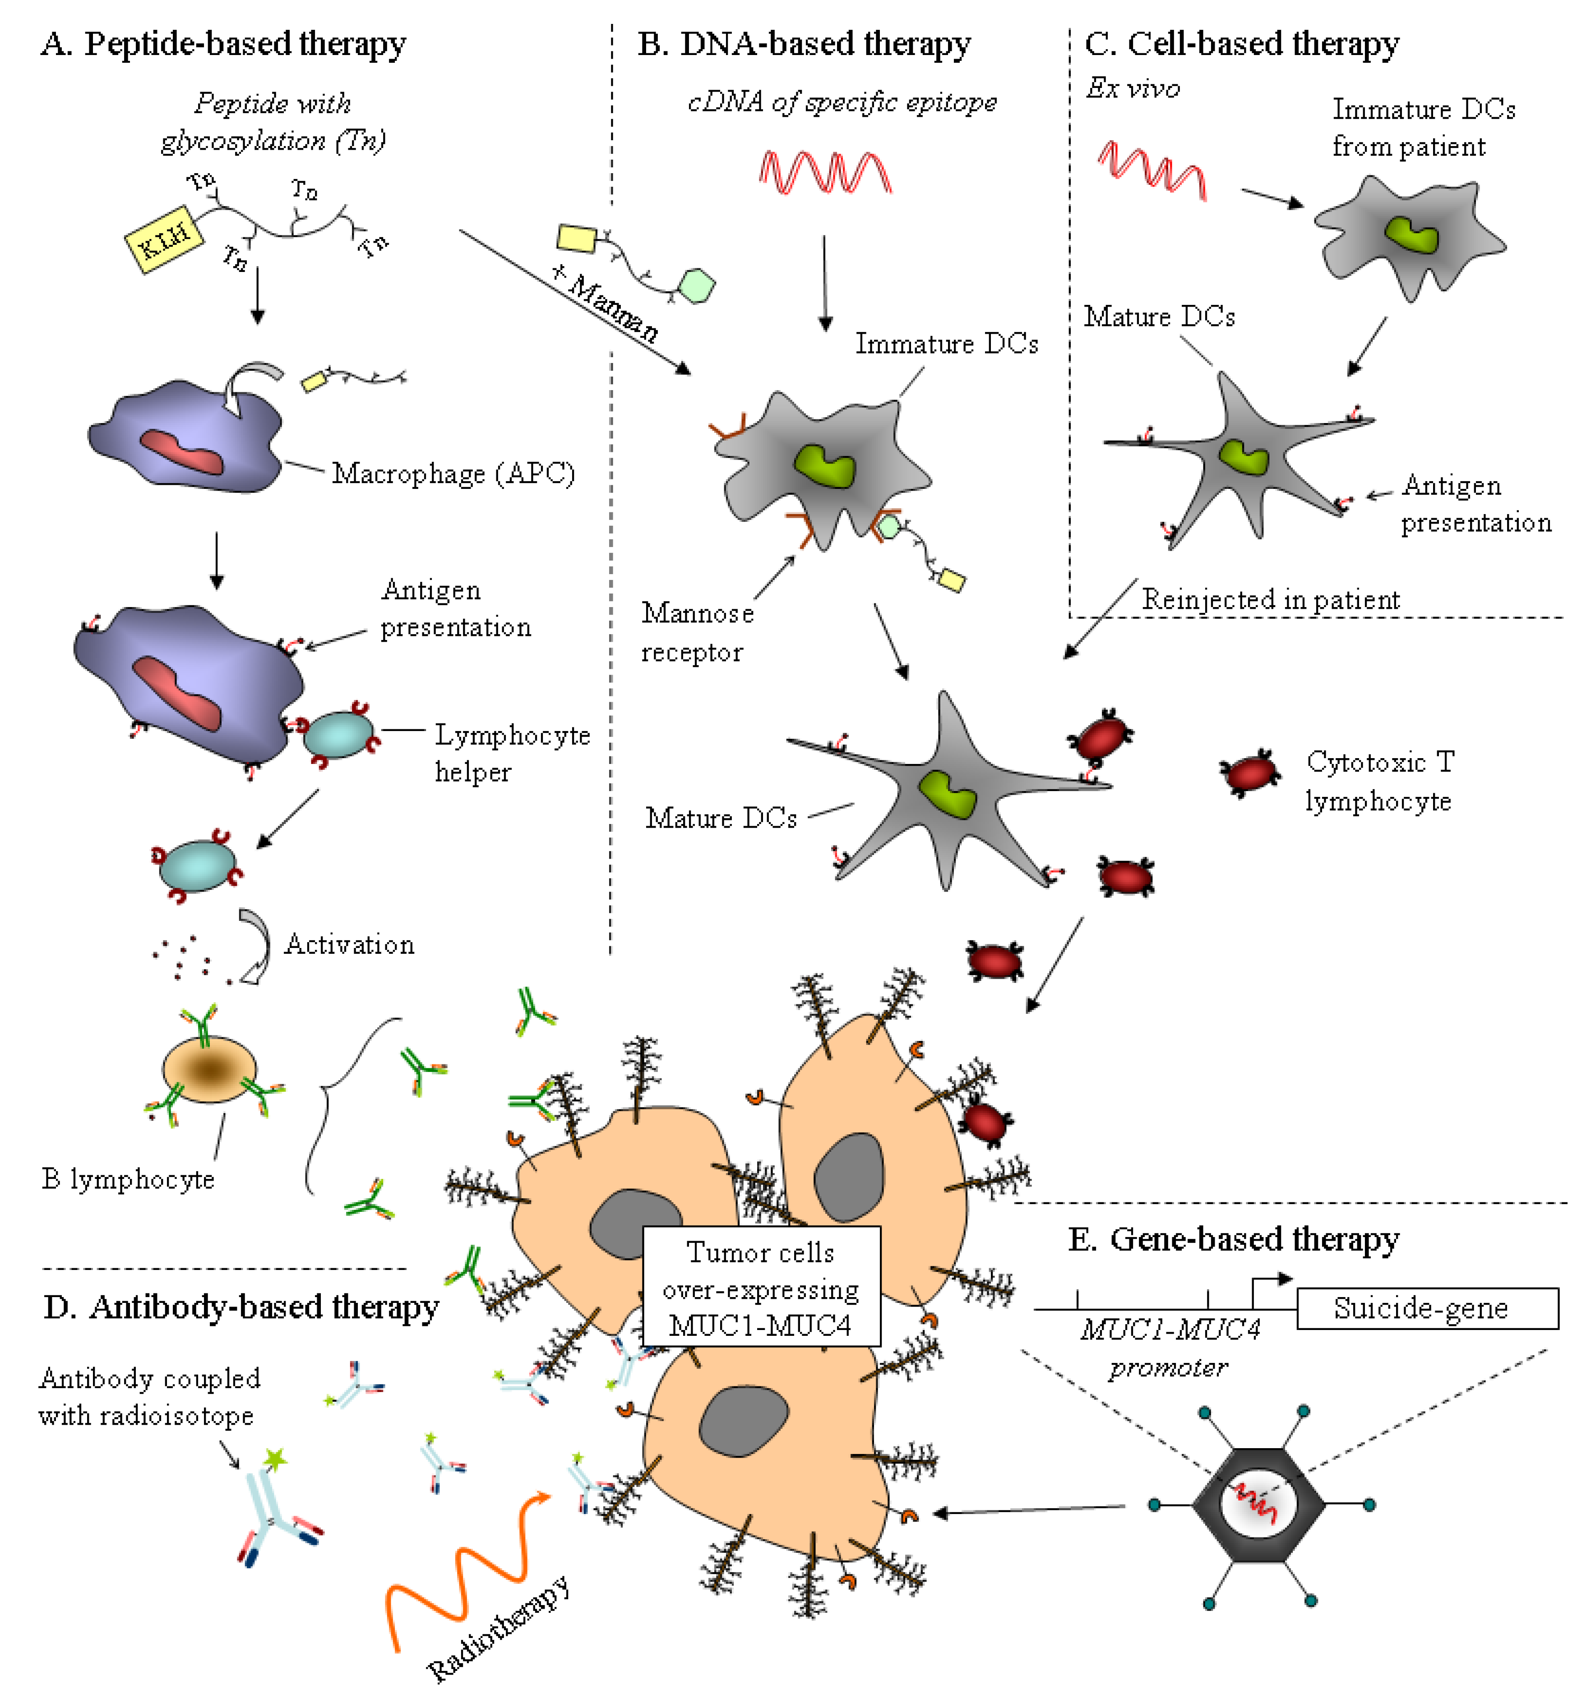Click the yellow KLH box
(x=164, y=239)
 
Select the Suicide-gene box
(x=1427, y=1308)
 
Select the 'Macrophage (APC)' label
(x=453, y=473)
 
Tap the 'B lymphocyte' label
(x=128, y=1179)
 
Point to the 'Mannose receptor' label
(x=697, y=632)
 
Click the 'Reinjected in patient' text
(x=1271, y=599)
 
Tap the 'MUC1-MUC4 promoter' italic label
(x=1170, y=1348)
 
